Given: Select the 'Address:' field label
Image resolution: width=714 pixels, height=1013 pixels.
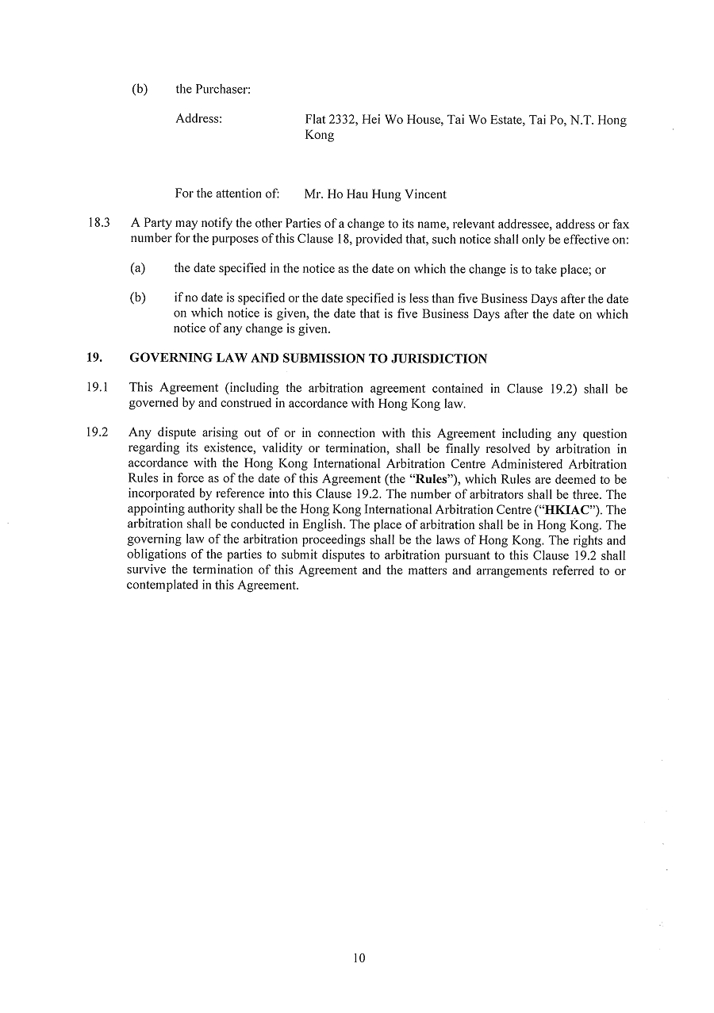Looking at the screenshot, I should point(198,120).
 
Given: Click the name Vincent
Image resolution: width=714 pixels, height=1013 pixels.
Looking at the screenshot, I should point(427,194).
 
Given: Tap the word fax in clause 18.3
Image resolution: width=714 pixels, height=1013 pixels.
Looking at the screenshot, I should point(620,225).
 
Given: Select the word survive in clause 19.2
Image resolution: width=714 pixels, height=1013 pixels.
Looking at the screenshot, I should point(145,570).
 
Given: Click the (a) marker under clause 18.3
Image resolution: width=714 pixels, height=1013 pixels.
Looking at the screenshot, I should point(137,270).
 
